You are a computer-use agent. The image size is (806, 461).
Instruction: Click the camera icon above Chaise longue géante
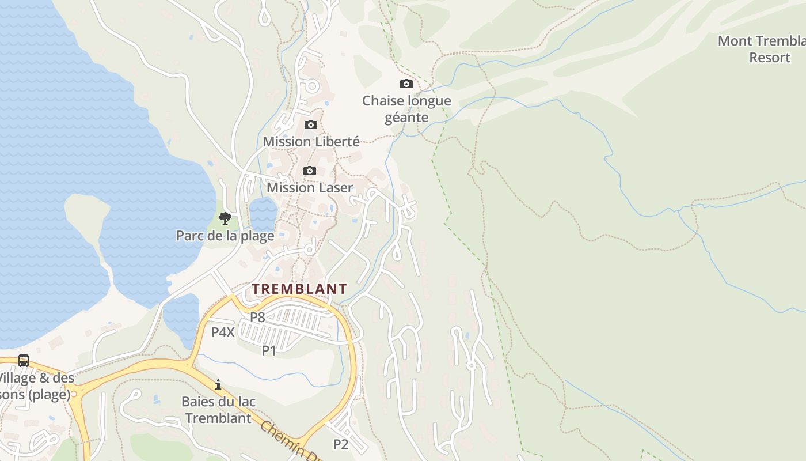tap(406, 84)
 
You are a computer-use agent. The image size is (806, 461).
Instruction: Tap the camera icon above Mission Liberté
tap(311, 125)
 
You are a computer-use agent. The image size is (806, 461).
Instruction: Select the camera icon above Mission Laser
tap(310, 171)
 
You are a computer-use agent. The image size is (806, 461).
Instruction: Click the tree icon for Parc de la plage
tap(225, 218)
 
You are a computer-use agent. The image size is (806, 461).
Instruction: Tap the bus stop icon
tap(24, 361)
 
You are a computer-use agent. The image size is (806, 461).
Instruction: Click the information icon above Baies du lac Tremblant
tap(218, 384)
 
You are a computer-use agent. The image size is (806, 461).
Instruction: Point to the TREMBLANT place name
tap(299, 289)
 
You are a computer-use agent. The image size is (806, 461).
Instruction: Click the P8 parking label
tap(257, 317)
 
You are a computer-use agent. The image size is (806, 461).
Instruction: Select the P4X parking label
tap(223, 332)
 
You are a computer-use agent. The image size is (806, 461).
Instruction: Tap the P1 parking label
tap(269, 350)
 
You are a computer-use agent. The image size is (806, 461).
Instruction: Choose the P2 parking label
tap(341, 444)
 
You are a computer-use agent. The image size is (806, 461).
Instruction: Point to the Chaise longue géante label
tap(406, 109)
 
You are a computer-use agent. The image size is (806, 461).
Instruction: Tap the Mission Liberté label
tap(311, 141)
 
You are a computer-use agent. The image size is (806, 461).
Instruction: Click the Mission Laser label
tap(310, 187)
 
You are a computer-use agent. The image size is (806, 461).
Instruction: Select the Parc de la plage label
tap(225, 236)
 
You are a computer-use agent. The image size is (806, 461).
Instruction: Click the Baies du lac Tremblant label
tap(219, 410)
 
